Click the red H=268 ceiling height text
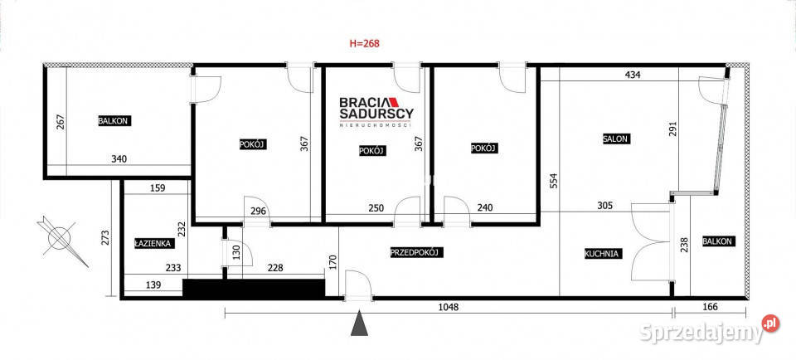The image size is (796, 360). coord(365,44)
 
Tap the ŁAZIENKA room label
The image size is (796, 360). coord(153,243)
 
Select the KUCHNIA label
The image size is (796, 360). coord(602,253)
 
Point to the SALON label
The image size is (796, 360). coord(616,139)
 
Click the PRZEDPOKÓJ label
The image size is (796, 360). coord(417,252)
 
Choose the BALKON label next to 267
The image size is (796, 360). coord(114,121)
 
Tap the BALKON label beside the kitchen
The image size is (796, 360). coord(717,241)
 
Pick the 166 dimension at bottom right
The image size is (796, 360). coord(711,307)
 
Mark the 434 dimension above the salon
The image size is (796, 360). coord(633,75)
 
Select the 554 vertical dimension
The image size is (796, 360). coord(553,182)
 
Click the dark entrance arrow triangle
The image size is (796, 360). coord(359,323)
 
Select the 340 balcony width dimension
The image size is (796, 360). coord(119,159)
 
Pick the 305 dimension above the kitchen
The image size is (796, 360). coord(605,206)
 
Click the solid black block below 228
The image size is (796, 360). coord(254,288)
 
